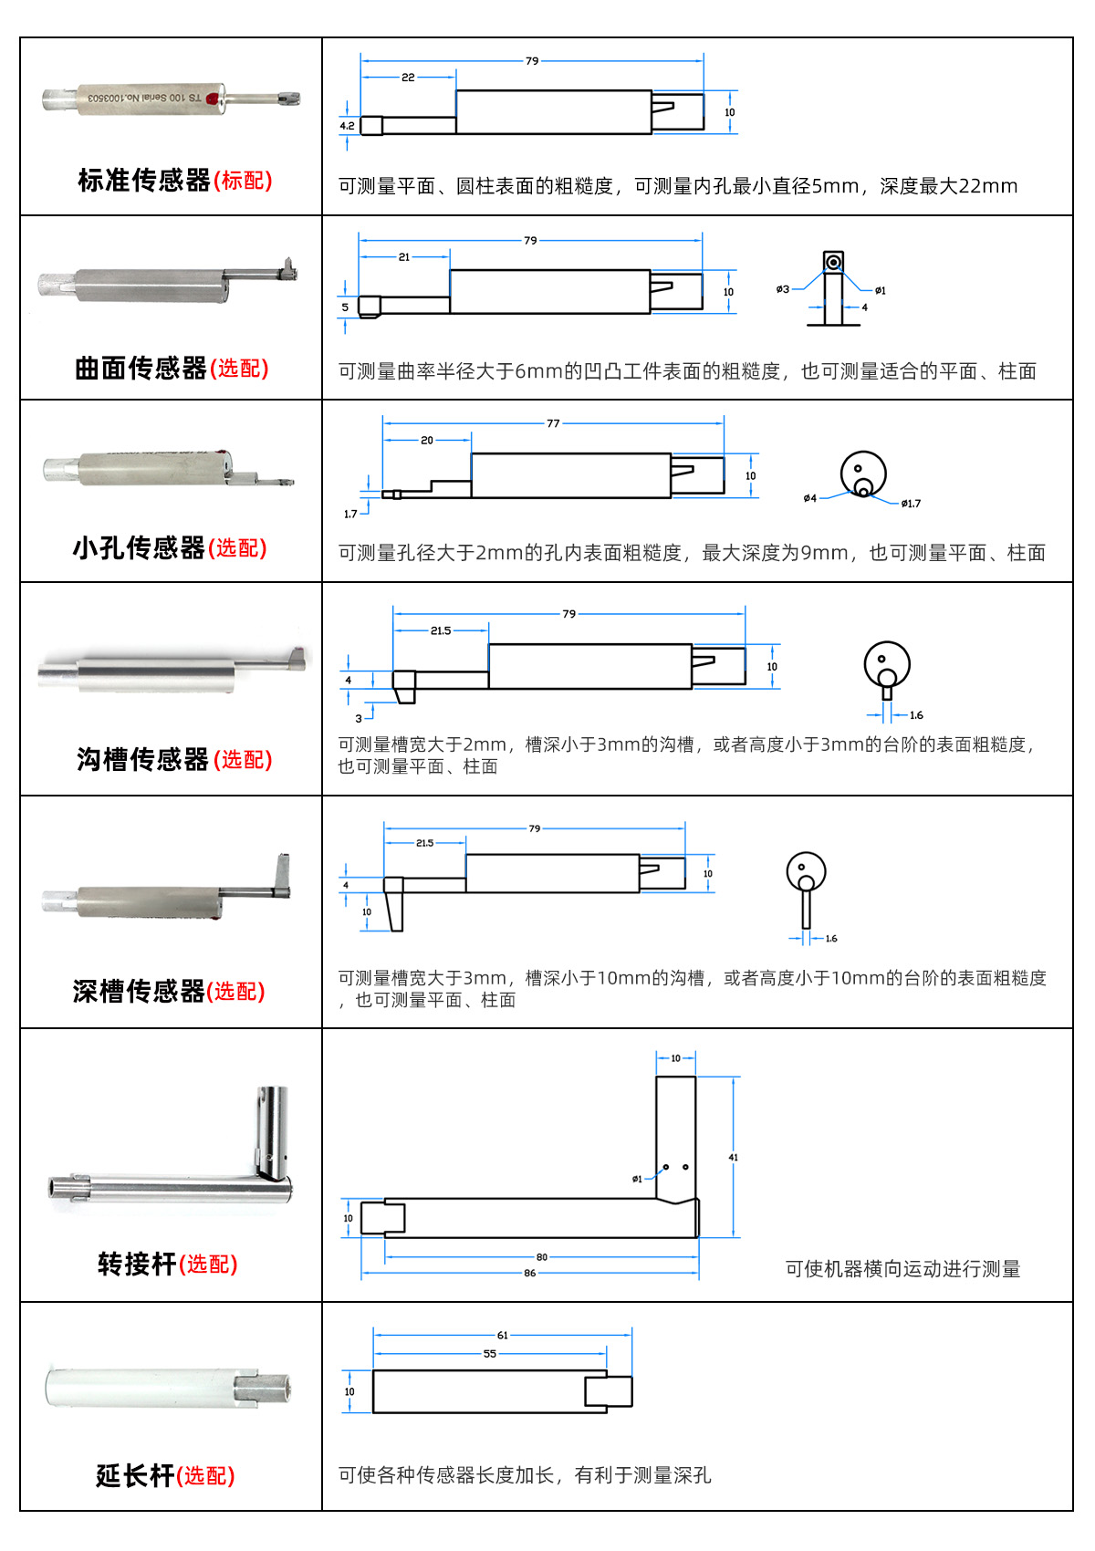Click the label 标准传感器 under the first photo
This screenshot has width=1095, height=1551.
[144, 181]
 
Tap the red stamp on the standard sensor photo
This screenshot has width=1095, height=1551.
[214, 99]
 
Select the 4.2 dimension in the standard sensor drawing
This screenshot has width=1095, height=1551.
[347, 126]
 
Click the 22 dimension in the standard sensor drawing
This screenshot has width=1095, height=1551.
[408, 78]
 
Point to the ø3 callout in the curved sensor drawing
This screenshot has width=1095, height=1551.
[783, 289]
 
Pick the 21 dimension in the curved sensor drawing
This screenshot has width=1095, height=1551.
[404, 257]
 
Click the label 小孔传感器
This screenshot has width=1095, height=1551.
[139, 547]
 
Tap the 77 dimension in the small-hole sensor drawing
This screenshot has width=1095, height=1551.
[553, 423]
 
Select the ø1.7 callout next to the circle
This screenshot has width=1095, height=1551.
[911, 504]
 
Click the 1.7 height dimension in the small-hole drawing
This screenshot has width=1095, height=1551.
[350, 515]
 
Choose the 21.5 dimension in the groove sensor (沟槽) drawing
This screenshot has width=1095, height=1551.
[441, 630]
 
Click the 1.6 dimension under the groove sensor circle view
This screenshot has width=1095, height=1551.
[916, 715]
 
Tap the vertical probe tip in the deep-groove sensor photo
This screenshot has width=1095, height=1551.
[284, 871]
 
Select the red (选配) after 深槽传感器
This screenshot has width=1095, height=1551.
[235, 991]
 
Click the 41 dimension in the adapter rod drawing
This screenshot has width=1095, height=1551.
[733, 1158]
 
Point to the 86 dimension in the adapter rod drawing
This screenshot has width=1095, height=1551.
[530, 1273]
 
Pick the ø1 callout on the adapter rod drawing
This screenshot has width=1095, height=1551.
[637, 1179]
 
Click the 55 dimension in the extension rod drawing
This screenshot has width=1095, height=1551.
[490, 1354]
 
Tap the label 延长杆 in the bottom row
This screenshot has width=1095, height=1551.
[134, 1475]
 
